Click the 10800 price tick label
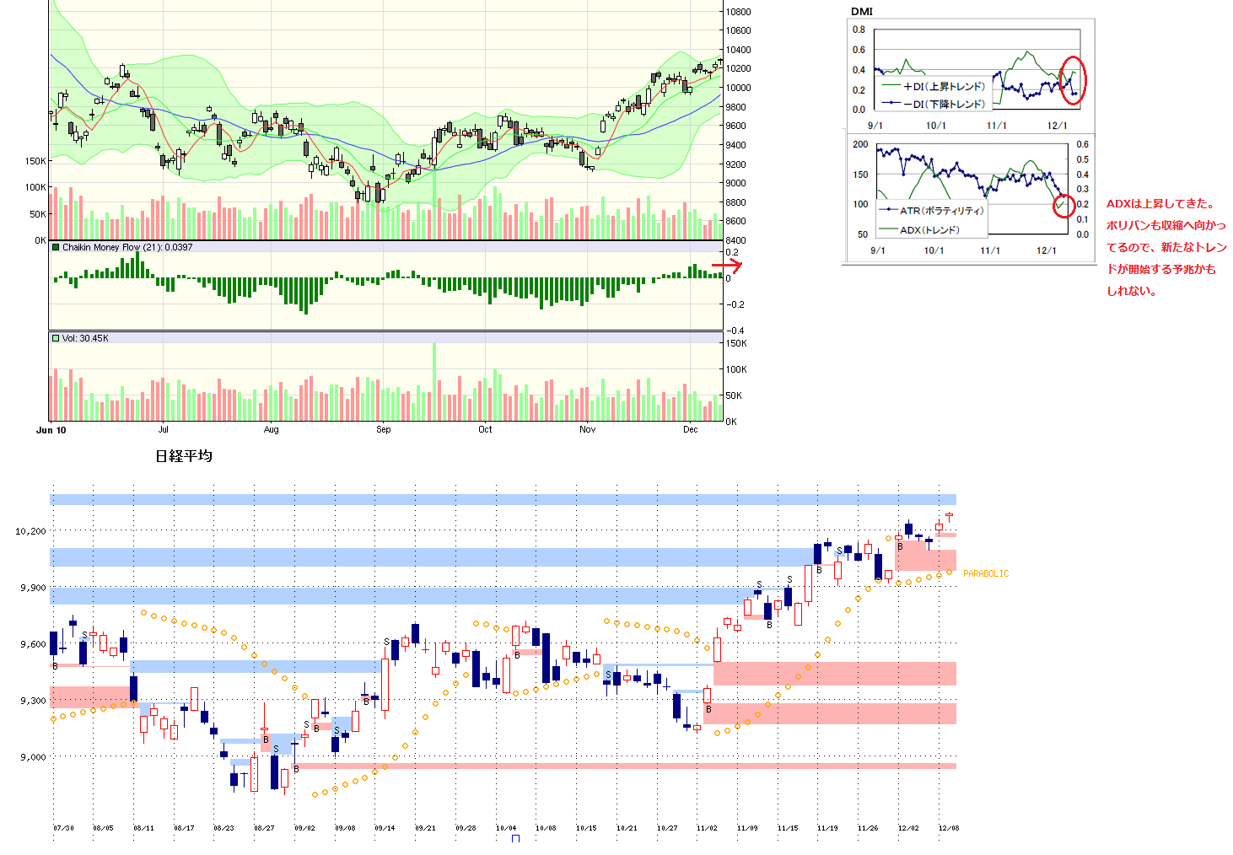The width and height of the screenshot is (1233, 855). [x=738, y=12]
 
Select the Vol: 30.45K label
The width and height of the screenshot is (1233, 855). [x=85, y=338]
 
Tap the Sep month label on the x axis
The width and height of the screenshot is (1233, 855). [x=384, y=429]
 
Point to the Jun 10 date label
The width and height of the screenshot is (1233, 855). [x=51, y=430]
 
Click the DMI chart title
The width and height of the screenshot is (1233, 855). [x=862, y=11]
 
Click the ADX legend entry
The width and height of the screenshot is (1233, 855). [x=929, y=229]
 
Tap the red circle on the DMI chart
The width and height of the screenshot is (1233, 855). [x=1073, y=81]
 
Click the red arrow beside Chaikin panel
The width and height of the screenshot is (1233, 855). [x=726, y=266]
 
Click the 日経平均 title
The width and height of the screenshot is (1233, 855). [x=184, y=456]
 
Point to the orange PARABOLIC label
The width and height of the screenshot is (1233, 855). [x=986, y=573]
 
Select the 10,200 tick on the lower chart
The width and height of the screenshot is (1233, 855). [x=30, y=531]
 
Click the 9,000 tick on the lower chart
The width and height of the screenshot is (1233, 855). [x=33, y=757]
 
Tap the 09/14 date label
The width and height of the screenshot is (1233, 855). [x=385, y=828]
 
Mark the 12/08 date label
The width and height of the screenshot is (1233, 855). [x=949, y=828]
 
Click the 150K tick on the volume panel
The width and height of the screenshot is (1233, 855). [x=736, y=343]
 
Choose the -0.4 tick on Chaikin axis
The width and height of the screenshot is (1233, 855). [x=735, y=331]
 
